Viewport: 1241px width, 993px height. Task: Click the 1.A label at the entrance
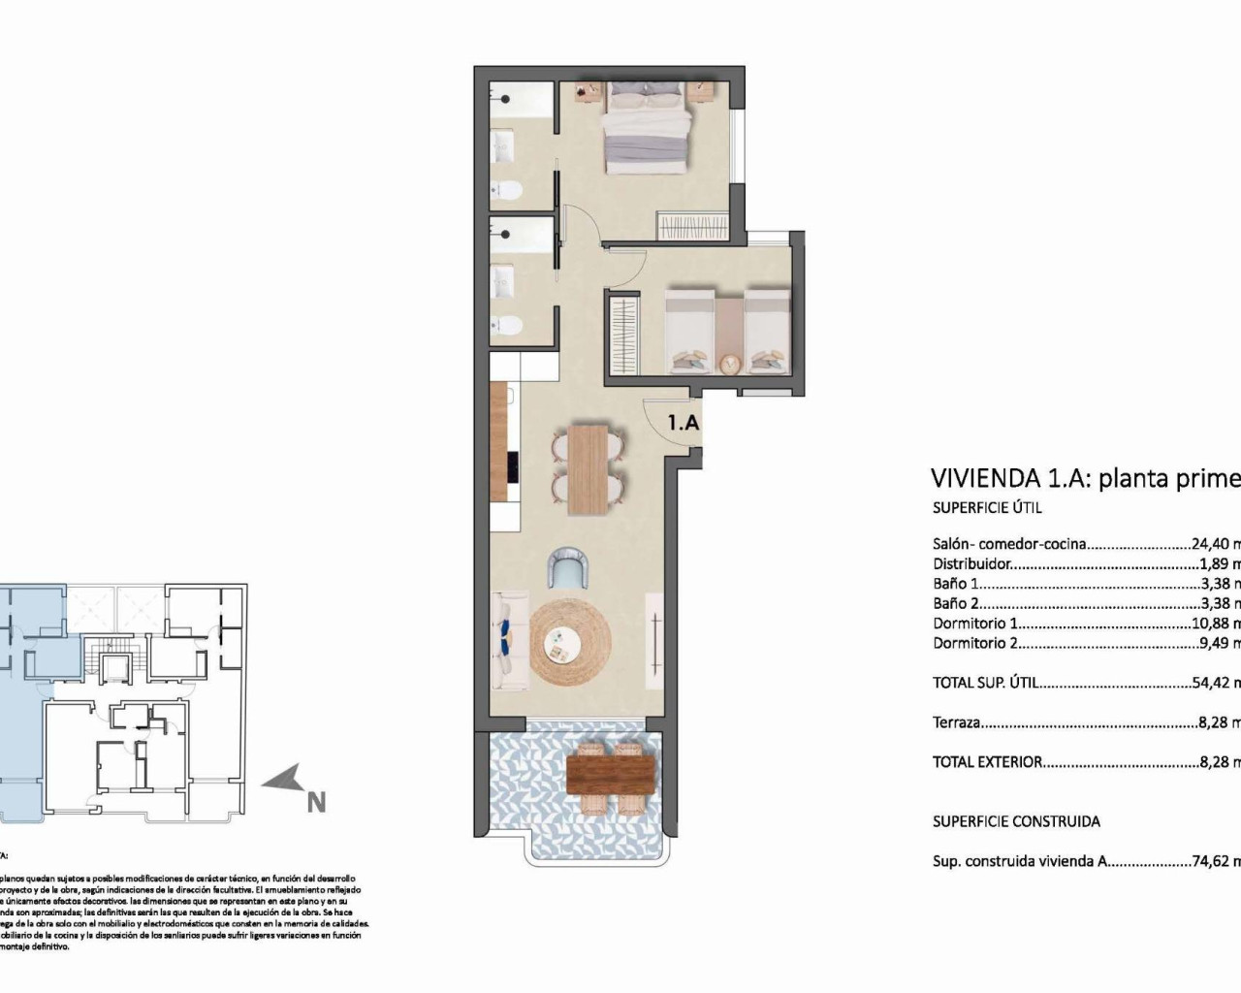684,423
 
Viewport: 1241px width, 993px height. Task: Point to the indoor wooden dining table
587,467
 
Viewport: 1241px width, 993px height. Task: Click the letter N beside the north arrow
316,802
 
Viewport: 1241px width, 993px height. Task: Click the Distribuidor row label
972,563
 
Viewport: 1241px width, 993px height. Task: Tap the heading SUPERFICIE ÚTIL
987,507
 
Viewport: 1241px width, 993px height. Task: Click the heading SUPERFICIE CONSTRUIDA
1016,821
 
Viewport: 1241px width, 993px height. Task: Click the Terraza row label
957,722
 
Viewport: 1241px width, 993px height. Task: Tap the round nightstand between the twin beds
729,363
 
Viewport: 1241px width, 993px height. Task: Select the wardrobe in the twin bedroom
623,333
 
